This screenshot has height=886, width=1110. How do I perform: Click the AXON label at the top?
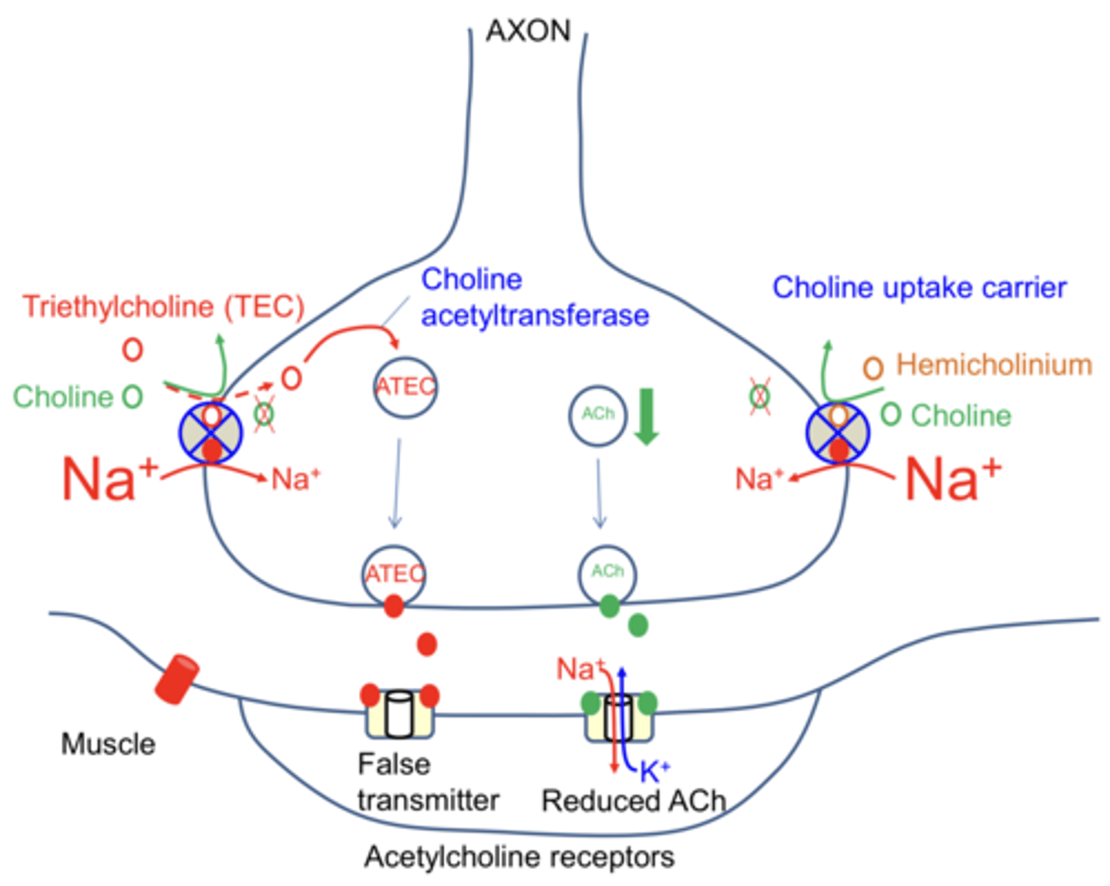point(528,31)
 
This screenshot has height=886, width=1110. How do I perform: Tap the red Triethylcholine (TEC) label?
point(163,306)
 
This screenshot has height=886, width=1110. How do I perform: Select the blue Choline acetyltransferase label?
point(534,298)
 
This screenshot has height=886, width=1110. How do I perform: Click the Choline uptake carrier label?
point(919,288)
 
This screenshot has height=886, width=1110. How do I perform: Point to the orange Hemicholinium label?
point(993,365)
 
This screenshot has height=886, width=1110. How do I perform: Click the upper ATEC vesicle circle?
point(405,386)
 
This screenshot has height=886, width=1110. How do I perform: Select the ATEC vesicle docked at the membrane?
point(394,574)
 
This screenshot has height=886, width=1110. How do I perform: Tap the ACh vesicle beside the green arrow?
point(597,415)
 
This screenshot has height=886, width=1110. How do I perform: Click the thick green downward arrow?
point(646,416)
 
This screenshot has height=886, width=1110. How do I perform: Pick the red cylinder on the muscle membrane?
point(177,679)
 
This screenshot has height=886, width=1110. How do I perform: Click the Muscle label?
point(108,744)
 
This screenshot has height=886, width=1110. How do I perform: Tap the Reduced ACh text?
point(634,800)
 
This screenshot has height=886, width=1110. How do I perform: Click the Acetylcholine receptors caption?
point(519,857)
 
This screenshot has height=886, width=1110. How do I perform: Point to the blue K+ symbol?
point(654,770)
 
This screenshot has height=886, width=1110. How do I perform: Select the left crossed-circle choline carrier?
point(211,432)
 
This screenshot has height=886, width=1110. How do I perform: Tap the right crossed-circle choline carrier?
point(838,432)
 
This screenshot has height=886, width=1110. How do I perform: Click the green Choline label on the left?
point(63,397)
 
